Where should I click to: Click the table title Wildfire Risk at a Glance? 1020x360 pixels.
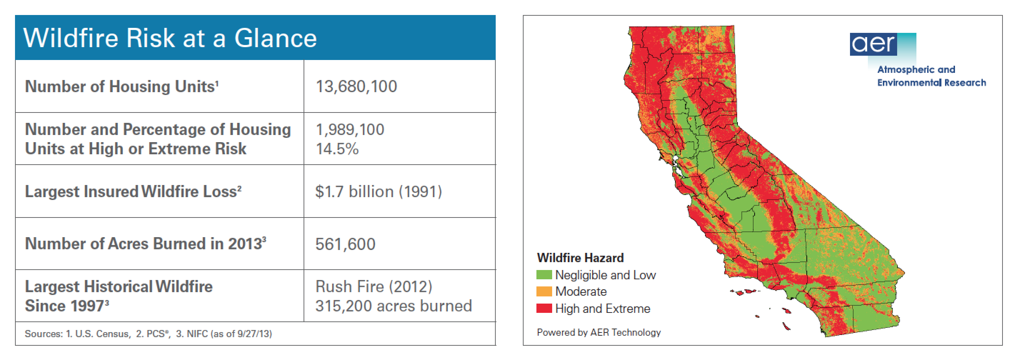[x=170, y=39]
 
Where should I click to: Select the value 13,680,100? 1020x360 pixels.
[x=356, y=86]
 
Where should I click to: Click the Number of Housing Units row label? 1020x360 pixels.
[x=121, y=86]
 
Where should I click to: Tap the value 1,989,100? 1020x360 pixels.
[x=350, y=130]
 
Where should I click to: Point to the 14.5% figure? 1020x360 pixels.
[x=337, y=149]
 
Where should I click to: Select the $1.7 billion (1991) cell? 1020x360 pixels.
[x=378, y=192]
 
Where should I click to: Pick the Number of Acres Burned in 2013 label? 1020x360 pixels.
[x=145, y=244]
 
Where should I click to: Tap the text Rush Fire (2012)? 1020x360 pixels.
[x=374, y=286]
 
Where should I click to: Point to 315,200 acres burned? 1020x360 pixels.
[x=393, y=306]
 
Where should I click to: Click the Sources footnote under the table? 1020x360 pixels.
[x=148, y=334]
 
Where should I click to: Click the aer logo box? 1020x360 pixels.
[x=882, y=44]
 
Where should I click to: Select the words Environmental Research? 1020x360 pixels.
[x=931, y=83]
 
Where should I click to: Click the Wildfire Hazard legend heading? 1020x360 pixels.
[x=580, y=258]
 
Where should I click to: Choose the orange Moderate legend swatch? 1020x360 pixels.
[x=544, y=291]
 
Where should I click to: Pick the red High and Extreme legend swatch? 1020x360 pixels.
[x=544, y=309]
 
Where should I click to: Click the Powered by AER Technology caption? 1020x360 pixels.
[x=599, y=332]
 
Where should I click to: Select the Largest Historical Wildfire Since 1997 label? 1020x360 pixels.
[x=119, y=296]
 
